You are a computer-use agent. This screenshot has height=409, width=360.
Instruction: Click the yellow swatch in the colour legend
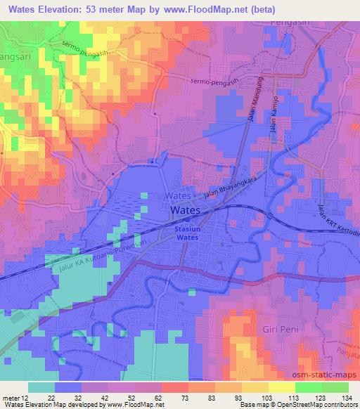tap(282, 387)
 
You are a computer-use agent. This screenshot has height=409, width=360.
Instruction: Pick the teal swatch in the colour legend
tap(41, 387)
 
